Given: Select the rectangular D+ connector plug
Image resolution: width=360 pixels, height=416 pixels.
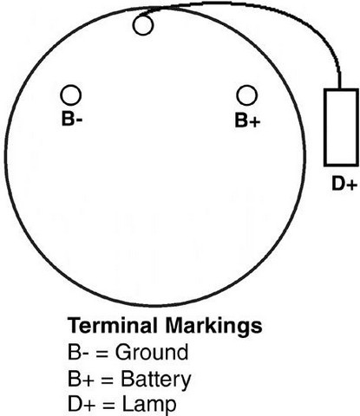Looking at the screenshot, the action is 341,127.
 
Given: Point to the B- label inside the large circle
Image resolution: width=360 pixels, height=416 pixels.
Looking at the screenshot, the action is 72,119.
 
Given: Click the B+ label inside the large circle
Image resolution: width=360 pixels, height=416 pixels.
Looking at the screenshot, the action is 247,120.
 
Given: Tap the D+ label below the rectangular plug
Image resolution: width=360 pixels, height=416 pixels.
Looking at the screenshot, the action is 344,184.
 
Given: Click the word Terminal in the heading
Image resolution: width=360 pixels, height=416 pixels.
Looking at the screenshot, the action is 113,325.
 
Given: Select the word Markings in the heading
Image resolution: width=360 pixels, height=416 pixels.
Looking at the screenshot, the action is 213,327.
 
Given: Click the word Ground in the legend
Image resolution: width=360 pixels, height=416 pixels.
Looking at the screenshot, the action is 152,352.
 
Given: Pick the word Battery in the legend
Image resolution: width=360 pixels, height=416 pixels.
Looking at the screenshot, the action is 156,379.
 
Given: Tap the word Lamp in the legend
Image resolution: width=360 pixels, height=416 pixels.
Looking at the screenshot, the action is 149,404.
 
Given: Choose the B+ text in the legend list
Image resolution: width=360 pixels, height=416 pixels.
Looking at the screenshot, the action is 81,379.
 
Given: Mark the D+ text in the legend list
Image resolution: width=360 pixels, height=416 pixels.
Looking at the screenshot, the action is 82,404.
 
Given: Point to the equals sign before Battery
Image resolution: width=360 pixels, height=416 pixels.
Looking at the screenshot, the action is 108,380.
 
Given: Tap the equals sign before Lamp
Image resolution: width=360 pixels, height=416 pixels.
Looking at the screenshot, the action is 108,406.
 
